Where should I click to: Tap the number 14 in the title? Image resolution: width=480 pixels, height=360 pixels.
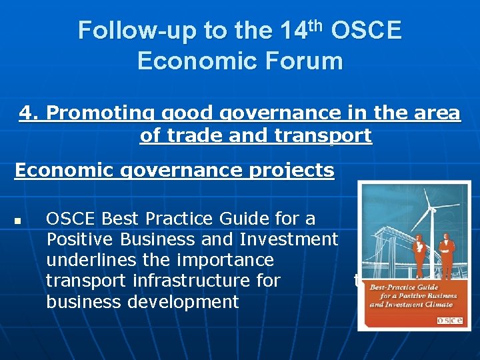pos(296,31)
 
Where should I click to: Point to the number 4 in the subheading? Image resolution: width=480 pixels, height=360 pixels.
pos(26,113)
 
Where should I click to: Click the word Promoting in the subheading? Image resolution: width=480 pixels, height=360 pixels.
pos(89,113)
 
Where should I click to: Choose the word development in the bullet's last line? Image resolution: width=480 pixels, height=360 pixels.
pos(182,301)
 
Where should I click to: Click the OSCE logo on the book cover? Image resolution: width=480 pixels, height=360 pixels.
pos(451,321)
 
